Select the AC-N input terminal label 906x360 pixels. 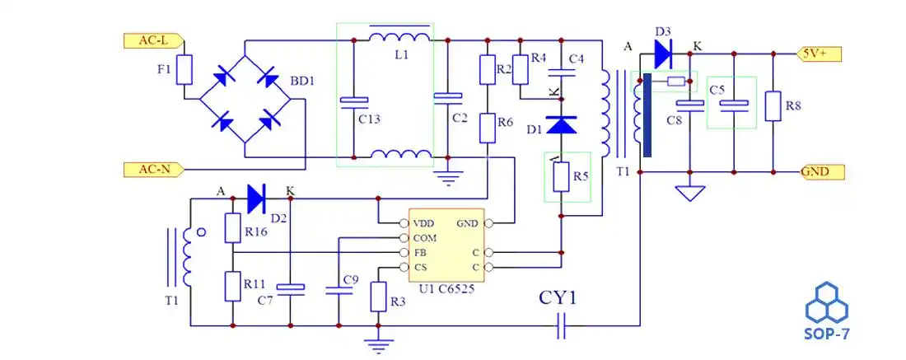pyautogui.click(x=152, y=170)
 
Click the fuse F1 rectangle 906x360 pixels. pyautogui.click(x=185, y=70)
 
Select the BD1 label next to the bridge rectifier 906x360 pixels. pyautogui.click(x=302, y=82)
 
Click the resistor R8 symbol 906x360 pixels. pyautogui.click(x=773, y=105)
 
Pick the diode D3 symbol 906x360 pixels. pyautogui.click(x=665, y=54)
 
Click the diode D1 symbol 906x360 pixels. pyautogui.click(x=562, y=124)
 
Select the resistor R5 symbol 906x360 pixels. pyautogui.click(x=562, y=176)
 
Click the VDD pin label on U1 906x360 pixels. pyautogui.click(x=423, y=223)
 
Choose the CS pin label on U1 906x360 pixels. pyautogui.click(x=420, y=267)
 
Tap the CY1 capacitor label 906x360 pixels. pyautogui.click(x=558, y=297)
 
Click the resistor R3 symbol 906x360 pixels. pyautogui.click(x=378, y=296)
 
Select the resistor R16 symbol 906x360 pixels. pyautogui.click(x=232, y=227)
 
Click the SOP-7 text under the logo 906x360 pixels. pyautogui.click(x=826, y=334)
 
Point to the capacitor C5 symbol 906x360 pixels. pyautogui.click(x=739, y=103)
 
